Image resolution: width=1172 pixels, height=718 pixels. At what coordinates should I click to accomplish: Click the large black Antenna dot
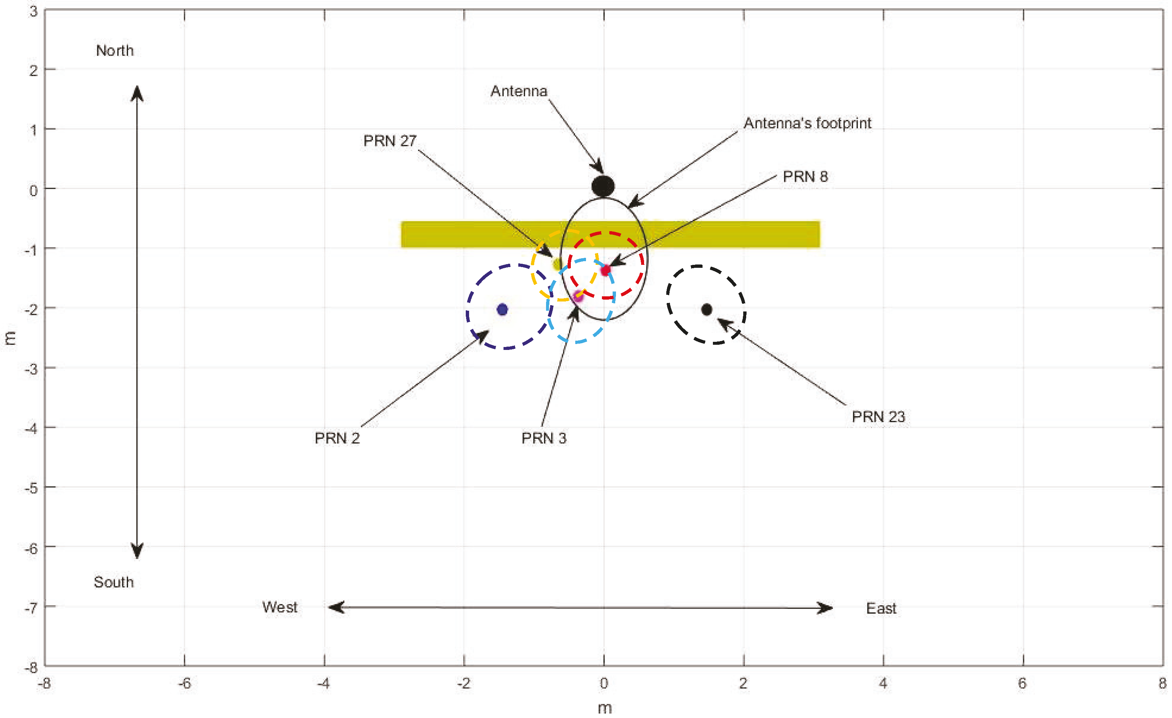point(603,186)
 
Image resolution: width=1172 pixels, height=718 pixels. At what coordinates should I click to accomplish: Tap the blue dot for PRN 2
point(502,310)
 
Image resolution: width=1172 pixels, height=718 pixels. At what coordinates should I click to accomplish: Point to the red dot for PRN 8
point(605,270)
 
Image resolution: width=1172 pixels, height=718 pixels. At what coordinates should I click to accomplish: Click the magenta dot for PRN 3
point(578,297)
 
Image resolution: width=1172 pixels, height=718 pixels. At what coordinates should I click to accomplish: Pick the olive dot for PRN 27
point(558,263)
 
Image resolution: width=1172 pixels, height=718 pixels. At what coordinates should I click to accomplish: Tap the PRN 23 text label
point(878,417)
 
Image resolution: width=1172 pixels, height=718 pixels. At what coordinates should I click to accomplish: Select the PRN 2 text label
point(337,438)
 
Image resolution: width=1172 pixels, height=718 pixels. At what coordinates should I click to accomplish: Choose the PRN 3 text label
point(544,438)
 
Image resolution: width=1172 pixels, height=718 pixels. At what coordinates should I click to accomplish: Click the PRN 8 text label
point(805,176)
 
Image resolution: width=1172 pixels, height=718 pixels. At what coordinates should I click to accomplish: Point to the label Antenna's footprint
point(807,123)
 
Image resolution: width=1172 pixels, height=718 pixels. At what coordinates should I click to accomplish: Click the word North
point(115,50)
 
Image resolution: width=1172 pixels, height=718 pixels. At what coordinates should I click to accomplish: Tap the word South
point(114,582)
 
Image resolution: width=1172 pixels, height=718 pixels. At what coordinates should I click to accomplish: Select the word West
point(280,607)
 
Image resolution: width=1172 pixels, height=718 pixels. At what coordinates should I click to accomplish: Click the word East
point(881,608)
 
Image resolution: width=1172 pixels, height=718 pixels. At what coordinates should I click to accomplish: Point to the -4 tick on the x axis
point(324,684)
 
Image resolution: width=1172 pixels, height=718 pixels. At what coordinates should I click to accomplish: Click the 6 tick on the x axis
point(1023,684)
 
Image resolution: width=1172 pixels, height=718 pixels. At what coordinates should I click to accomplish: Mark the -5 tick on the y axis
point(31,488)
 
